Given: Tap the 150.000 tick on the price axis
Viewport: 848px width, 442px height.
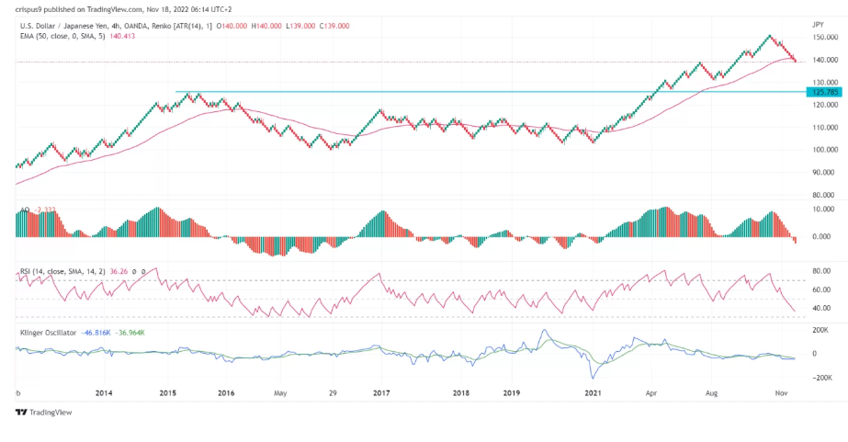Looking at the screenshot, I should click(824, 38).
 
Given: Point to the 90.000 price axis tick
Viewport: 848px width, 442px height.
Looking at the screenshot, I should click(824, 172).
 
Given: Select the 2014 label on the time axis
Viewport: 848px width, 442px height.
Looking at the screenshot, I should click(104, 392).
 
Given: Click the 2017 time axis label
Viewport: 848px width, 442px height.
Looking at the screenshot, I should click(382, 392).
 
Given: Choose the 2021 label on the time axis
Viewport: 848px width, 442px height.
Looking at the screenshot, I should click(594, 392).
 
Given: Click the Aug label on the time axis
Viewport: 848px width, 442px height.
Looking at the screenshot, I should click(711, 392).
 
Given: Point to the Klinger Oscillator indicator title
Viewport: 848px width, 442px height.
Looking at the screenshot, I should click(47, 332).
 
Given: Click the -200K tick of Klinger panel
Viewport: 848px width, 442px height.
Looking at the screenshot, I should click(820, 377).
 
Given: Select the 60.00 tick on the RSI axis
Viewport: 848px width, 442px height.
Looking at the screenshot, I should click(821, 289).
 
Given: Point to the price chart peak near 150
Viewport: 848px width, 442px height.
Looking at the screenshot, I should click(769, 36).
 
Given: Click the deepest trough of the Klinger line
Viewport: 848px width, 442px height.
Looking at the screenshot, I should click(592, 378).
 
